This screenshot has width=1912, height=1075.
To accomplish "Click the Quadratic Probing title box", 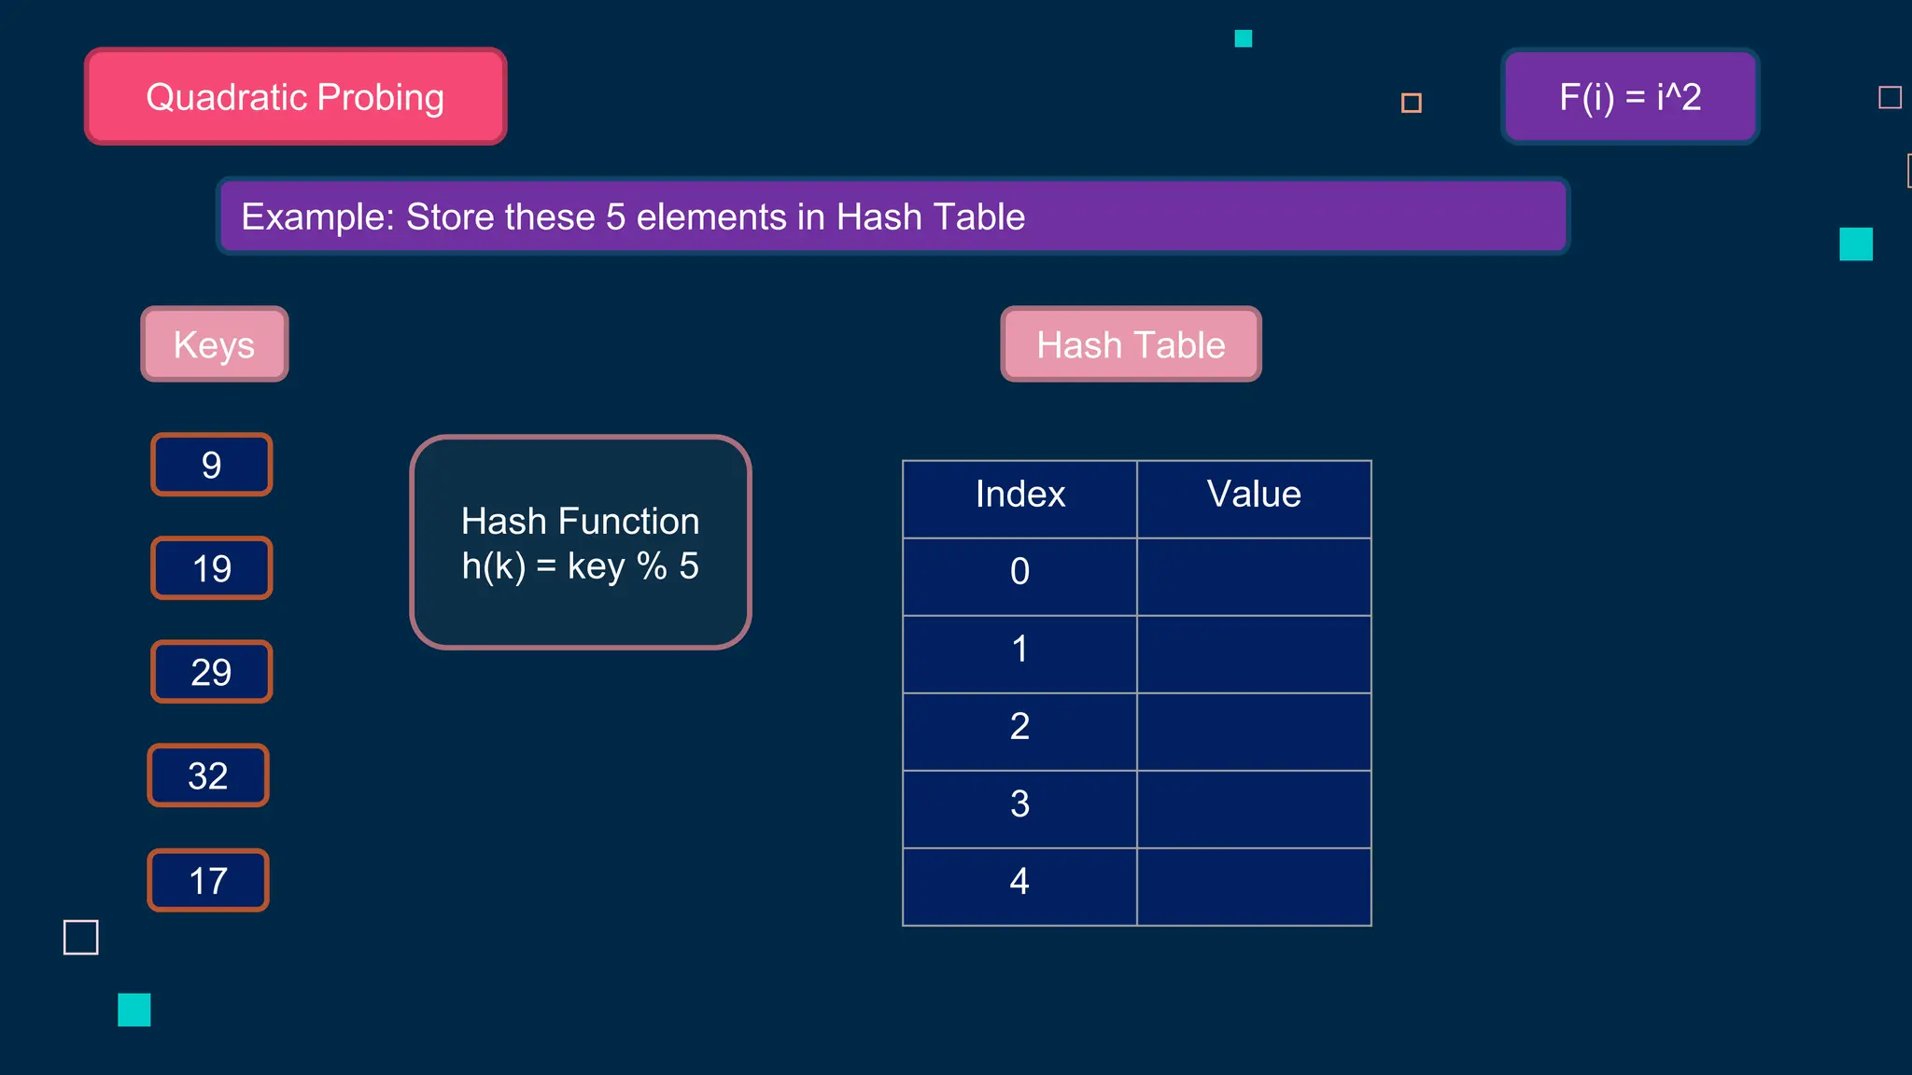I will (x=295, y=97).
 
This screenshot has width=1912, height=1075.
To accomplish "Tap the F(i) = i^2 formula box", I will (x=1630, y=97).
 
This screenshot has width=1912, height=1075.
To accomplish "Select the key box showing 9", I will (x=212, y=465).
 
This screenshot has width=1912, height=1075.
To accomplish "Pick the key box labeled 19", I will (x=212, y=568).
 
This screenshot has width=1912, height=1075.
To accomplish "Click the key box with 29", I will (x=212, y=672).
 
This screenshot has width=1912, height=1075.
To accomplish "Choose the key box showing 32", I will (x=208, y=775).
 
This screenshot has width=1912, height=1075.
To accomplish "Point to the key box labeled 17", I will (x=208, y=880).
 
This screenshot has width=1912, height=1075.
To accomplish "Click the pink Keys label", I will (x=215, y=344).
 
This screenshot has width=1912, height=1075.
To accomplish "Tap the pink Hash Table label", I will (x=1131, y=344).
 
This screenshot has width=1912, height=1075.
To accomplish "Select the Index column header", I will (x=1019, y=495).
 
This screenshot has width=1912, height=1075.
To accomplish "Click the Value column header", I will (x=1254, y=495).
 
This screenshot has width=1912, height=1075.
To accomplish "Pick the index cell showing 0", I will (x=1019, y=572).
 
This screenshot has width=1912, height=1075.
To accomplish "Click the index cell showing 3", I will (x=1019, y=804).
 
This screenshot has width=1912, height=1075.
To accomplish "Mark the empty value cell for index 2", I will (x=1254, y=732).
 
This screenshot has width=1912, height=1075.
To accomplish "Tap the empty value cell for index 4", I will (x=1254, y=887).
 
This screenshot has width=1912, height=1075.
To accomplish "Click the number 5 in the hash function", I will (x=689, y=566).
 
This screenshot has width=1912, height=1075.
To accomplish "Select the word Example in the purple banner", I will (x=317, y=217).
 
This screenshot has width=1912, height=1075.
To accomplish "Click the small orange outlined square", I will (x=1412, y=103).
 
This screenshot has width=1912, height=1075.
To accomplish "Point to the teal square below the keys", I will (x=134, y=1010).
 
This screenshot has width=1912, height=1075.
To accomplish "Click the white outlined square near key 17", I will (x=81, y=937).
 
